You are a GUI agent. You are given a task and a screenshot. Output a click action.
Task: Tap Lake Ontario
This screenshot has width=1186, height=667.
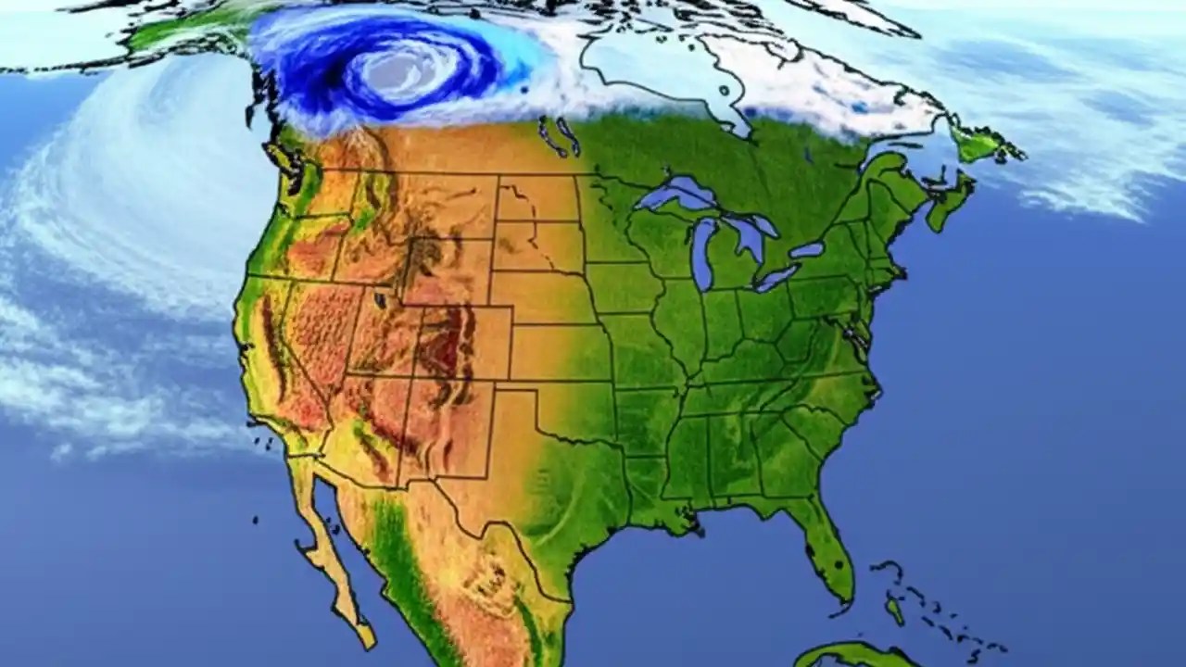tap(807, 250)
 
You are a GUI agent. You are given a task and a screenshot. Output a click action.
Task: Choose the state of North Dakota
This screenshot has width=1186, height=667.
tap(537, 199)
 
